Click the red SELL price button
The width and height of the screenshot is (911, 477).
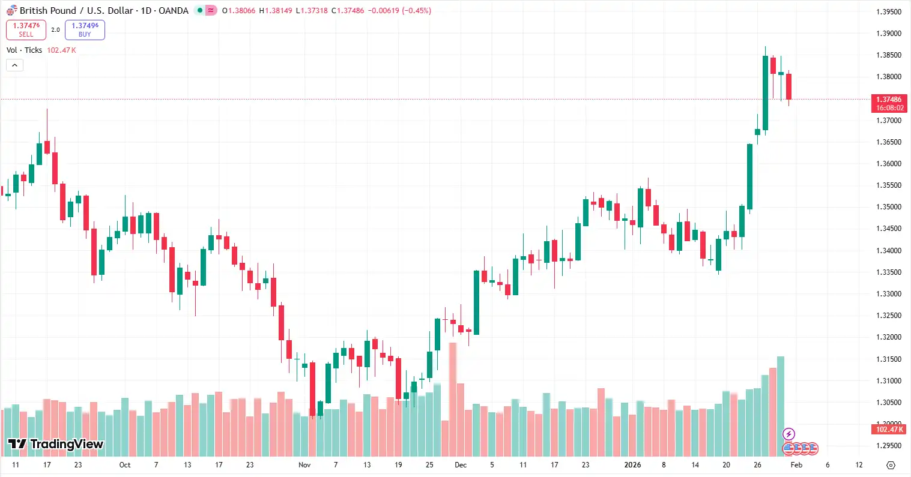(x=26, y=29)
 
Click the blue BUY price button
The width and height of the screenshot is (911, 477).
(x=85, y=29)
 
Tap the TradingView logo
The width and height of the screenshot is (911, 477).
(x=55, y=444)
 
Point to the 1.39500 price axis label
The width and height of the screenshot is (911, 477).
(x=889, y=12)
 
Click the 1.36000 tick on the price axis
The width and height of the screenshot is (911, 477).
(x=889, y=164)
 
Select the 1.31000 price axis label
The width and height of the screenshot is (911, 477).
(x=889, y=381)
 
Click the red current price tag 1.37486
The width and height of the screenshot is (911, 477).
(x=889, y=100)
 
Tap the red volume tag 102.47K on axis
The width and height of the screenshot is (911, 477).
(x=889, y=430)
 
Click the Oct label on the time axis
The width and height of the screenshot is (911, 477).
(x=125, y=465)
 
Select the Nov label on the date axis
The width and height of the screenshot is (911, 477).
(x=304, y=465)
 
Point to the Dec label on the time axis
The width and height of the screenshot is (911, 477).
(x=461, y=465)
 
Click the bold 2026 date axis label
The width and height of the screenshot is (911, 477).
(x=632, y=465)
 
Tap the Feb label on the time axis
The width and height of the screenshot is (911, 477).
(x=796, y=465)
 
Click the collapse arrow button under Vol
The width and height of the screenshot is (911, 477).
(x=14, y=65)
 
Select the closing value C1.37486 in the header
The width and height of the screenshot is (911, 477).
(x=348, y=11)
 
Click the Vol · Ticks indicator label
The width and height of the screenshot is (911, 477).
(x=25, y=50)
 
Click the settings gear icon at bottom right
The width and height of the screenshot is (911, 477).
(x=891, y=465)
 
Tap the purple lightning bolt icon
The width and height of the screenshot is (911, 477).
(x=789, y=434)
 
